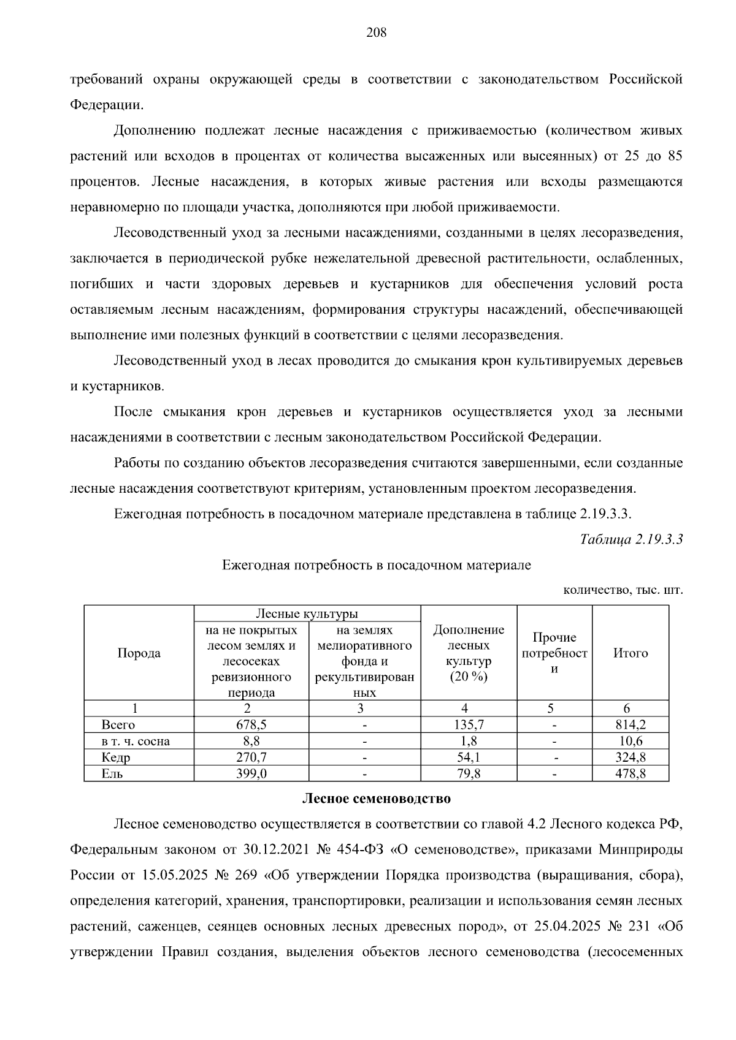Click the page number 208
pos(376,33)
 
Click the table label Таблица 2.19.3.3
pos(631,539)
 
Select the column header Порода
pos(139,653)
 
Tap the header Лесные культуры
pos(307,614)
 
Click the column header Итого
pos(631,653)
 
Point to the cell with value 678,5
pos(251,725)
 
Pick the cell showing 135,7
pos(469,725)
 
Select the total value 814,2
pos(631,725)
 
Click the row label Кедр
pos(116,758)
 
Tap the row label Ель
pos(112,774)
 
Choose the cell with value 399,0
pos(251,774)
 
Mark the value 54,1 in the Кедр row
pos(469,758)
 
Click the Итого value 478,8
pos(631,774)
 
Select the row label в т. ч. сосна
pos(136,742)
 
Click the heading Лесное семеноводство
pos(376,799)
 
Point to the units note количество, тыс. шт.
pos(623,591)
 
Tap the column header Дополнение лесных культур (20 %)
pos(469,653)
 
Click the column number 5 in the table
pos(551,708)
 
